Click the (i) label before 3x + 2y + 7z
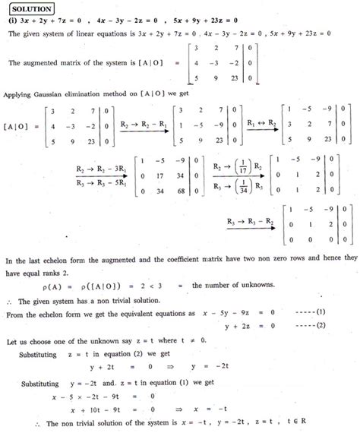pyautogui.click(x=11, y=21)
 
